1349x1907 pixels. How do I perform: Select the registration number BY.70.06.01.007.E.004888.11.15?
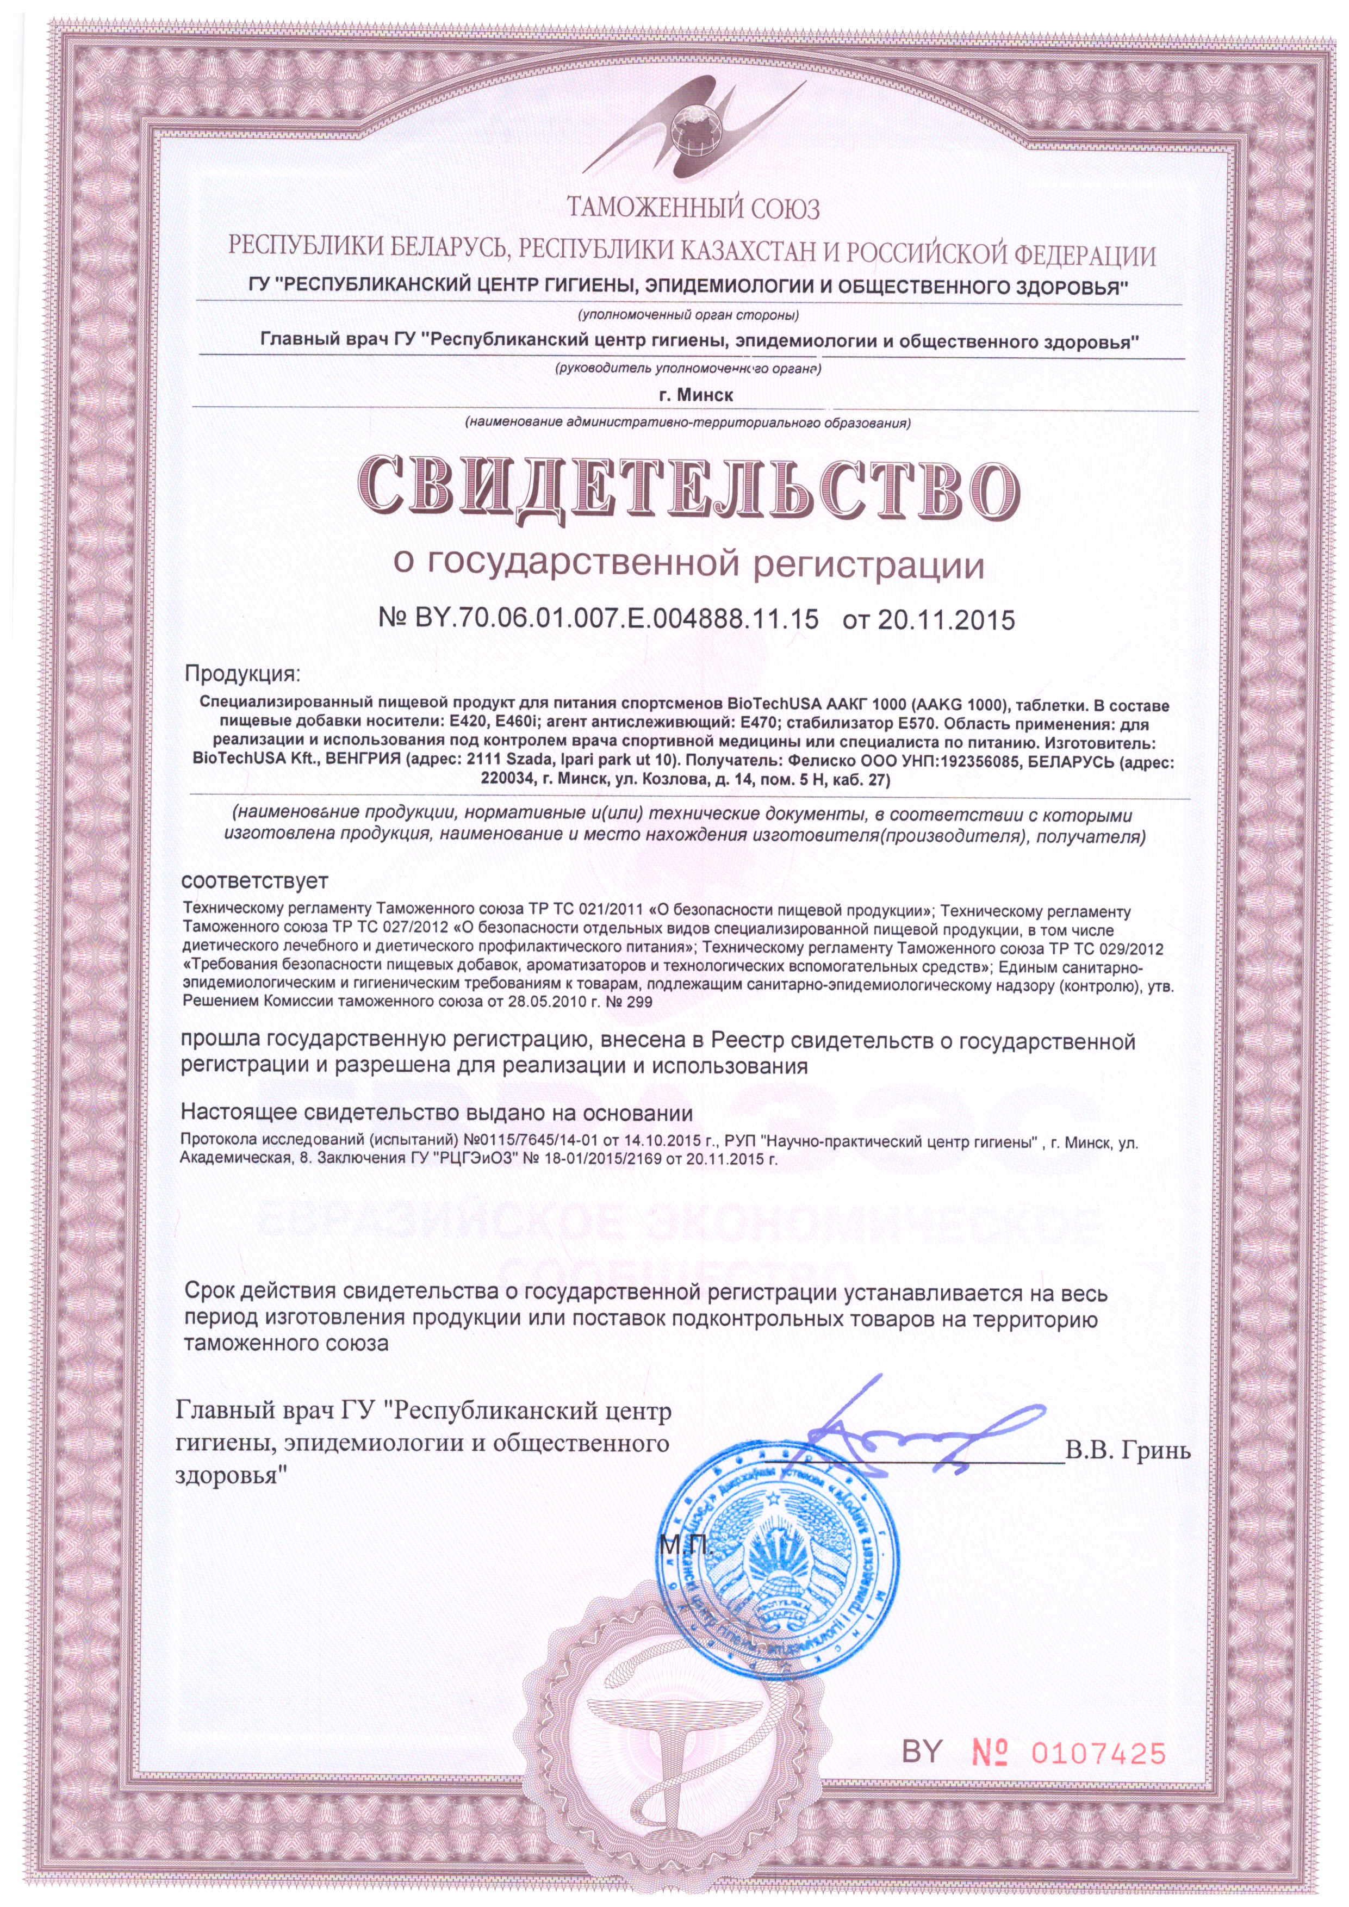598,619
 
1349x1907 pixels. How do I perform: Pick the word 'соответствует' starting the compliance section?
255,880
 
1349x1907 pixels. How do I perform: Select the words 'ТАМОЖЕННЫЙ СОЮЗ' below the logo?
692,207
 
